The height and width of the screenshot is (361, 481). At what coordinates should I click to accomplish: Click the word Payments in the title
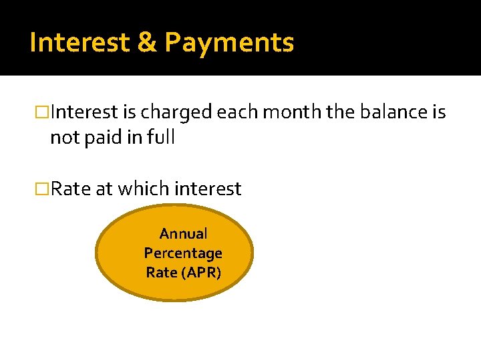(x=229, y=43)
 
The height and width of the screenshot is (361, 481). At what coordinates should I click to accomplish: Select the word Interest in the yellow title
(x=79, y=43)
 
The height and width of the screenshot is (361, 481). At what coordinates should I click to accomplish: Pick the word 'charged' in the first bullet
(x=176, y=113)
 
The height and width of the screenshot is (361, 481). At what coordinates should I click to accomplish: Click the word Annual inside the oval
(x=183, y=234)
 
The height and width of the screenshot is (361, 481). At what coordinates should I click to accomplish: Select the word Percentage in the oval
(x=183, y=253)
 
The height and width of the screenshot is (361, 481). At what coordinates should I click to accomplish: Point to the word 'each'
(x=238, y=112)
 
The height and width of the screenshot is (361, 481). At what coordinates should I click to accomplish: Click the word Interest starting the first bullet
(x=84, y=112)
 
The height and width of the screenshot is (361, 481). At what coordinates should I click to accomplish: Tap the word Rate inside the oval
(x=160, y=273)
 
